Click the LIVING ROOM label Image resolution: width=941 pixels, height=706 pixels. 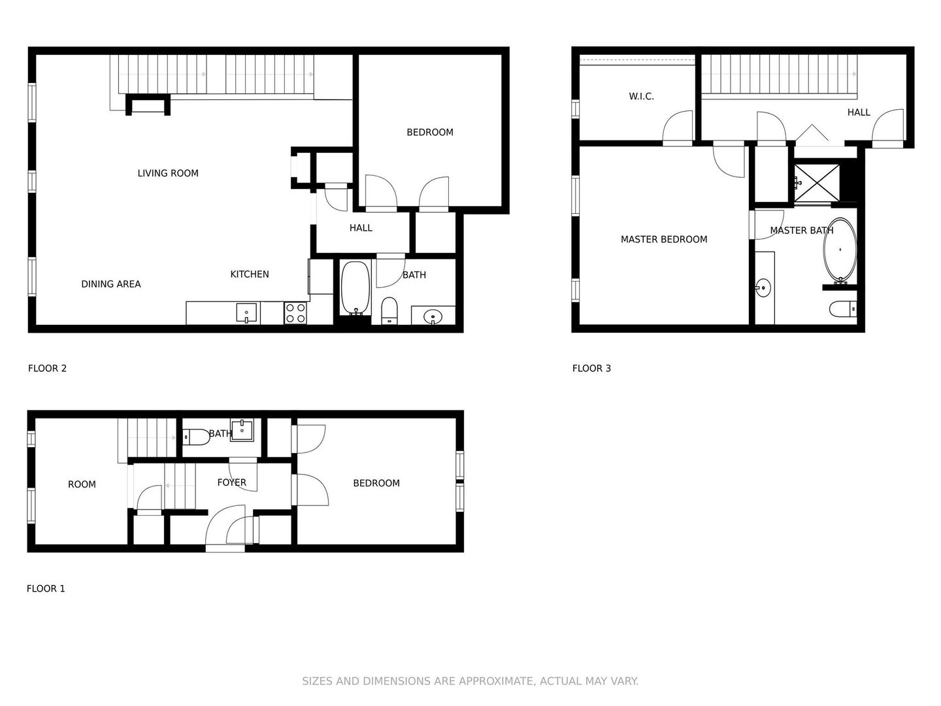pos(168,173)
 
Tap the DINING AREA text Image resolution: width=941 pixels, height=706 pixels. pos(111,284)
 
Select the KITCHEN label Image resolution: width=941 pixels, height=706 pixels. pos(250,274)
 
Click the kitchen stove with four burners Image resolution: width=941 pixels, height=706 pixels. pos(295,313)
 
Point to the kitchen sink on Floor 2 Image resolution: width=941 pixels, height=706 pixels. pos(246,312)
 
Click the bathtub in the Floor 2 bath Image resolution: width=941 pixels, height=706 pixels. pos(355,288)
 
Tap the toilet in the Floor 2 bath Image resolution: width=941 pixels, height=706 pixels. pos(389,311)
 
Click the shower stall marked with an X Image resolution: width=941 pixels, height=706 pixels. pos(817,182)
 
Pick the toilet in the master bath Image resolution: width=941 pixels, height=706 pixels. pos(843,309)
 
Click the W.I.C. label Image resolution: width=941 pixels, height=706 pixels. pos(641,97)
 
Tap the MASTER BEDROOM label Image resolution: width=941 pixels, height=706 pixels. pos(664,239)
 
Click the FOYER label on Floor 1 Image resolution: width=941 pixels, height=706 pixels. pos(231,482)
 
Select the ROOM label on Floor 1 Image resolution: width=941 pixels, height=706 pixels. pos(82,484)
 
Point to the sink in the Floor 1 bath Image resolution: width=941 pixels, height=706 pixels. pos(242,429)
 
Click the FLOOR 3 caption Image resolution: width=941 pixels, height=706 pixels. pos(591,368)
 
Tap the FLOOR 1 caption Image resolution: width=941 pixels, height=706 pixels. pos(46,588)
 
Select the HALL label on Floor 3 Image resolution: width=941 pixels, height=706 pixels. pos(859,112)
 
